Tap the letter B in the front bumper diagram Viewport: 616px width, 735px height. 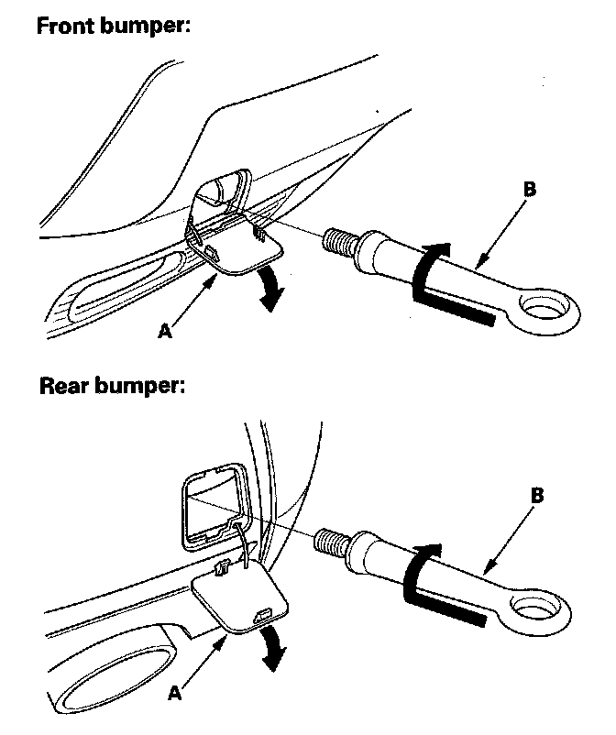coord(529,192)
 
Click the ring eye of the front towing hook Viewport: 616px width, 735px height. coord(547,305)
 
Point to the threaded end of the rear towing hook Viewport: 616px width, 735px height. coord(329,541)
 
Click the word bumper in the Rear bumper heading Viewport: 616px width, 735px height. coord(142,385)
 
